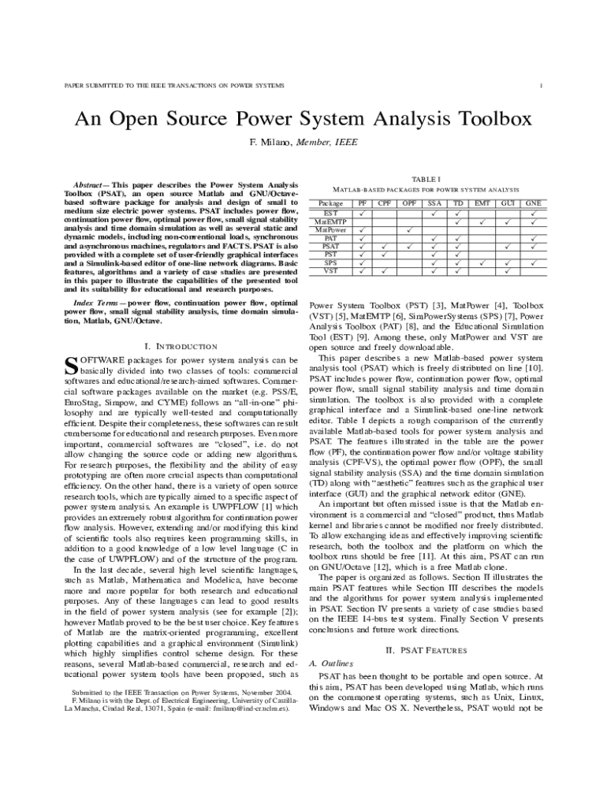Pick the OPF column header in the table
[410, 203]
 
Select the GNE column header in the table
[533, 203]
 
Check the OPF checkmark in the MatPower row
[410, 230]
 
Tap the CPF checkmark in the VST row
[385, 272]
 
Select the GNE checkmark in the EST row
[533, 213]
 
